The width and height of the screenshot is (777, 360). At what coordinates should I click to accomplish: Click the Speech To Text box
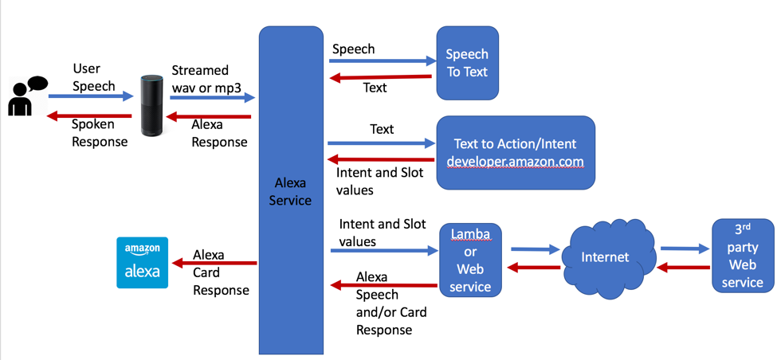[467, 63]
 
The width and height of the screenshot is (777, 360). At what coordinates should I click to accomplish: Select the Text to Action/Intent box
[515, 152]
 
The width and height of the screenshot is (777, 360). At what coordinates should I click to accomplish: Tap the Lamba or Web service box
[470, 260]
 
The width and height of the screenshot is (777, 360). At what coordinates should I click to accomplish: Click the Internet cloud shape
[606, 257]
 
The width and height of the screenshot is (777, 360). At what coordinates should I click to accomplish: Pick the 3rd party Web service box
[742, 255]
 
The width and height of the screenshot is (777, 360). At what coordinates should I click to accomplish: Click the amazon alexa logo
[142, 262]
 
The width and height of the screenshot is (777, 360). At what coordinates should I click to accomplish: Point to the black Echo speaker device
[151, 105]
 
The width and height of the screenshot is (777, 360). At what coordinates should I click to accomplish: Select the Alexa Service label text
[290, 192]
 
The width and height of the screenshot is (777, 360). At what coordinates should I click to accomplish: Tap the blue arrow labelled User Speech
[90, 96]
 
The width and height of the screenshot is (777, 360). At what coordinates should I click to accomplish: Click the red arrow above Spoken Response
[90, 116]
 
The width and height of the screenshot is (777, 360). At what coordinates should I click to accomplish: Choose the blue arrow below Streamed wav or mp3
[212, 97]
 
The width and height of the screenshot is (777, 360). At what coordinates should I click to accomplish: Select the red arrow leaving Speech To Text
[383, 77]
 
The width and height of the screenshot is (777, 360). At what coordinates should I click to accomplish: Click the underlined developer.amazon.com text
[515, 162]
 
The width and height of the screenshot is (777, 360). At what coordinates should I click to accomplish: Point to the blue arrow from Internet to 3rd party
[685, 248]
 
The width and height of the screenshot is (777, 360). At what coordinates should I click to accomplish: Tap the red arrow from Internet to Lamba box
[534, 268]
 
